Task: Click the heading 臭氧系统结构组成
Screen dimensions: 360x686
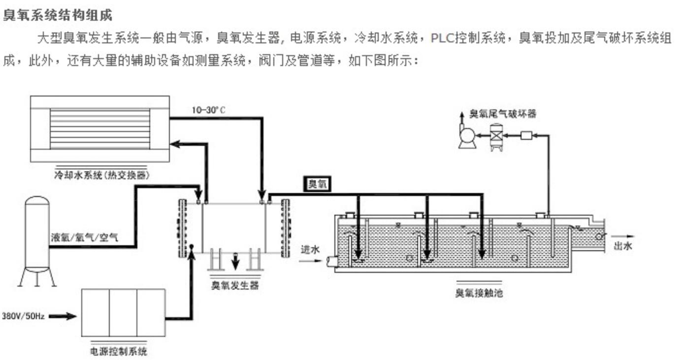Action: pos(58,15)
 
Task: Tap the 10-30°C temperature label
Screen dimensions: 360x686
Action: pos(208,110)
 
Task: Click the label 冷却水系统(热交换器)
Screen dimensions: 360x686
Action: pos(102,175)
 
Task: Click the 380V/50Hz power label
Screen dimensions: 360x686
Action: pos(23,316)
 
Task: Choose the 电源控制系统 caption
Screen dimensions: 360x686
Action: pos(119,352)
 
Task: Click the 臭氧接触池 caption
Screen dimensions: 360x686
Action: pos(479,294)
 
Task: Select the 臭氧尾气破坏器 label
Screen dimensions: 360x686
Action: pos(502,114)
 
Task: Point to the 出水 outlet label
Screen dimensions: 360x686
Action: pos(622,246)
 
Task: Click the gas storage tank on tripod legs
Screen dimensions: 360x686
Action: pos(37,236)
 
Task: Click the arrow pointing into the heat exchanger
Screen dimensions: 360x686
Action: pos(175,144)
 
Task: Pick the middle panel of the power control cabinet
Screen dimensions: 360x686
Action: pos(123,313)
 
